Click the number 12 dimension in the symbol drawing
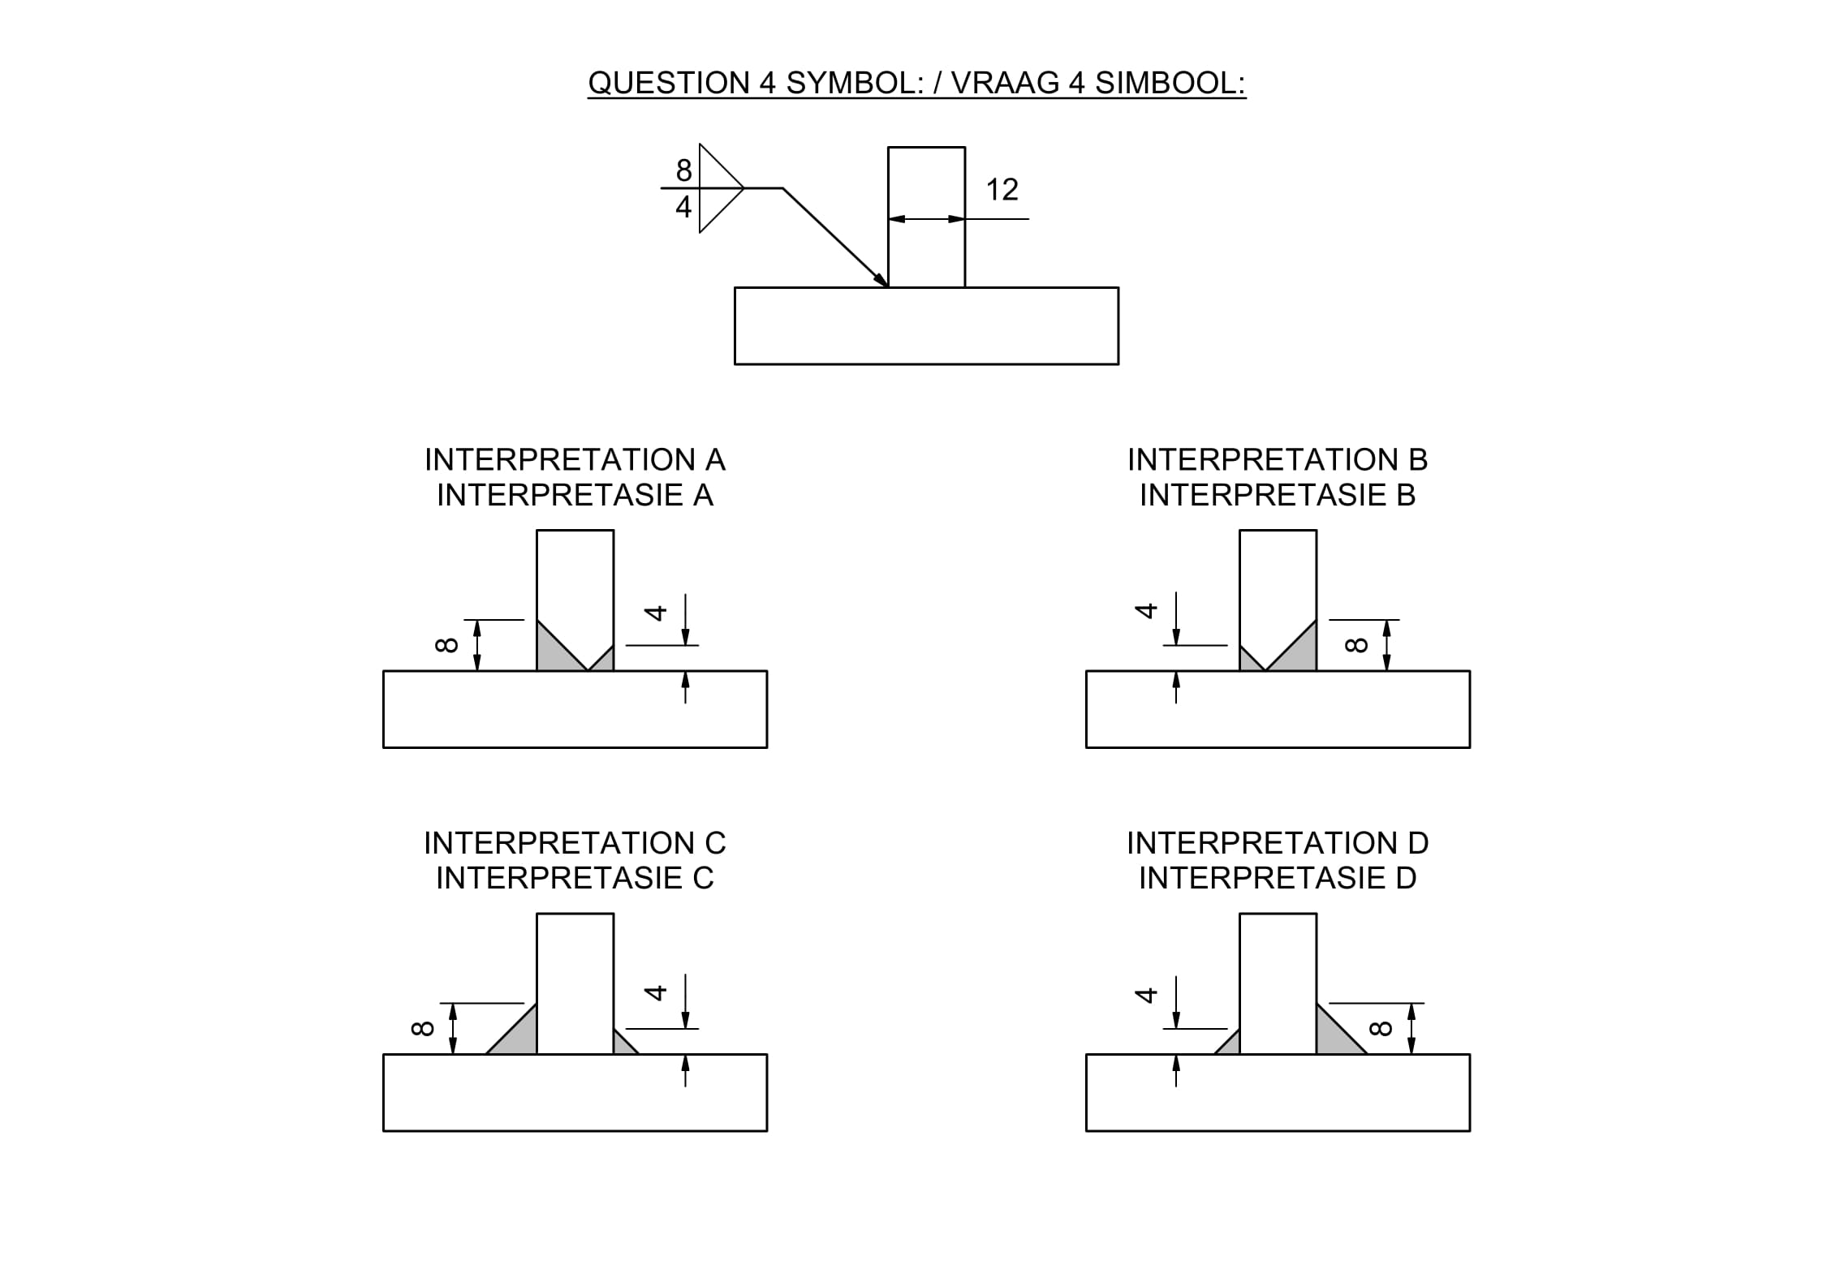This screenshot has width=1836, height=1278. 1002,190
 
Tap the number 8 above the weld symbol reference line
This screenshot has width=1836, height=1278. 684,170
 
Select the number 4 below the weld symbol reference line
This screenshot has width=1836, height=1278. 683,207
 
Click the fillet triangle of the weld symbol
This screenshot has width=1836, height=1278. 717,188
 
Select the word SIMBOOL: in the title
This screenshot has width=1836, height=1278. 1170,83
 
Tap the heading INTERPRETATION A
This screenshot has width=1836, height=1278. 575,460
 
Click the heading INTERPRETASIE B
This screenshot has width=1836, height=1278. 1278,495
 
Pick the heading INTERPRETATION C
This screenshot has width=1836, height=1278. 575,843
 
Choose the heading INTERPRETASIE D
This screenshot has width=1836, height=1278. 1278,878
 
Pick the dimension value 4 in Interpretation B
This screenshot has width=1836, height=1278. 1145,610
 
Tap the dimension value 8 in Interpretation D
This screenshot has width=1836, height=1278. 1380,1029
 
